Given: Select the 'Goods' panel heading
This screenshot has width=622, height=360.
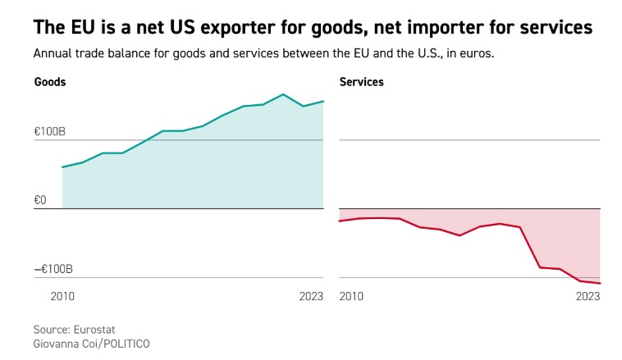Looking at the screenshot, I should pos(50,82).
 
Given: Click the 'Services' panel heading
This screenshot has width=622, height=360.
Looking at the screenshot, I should pos(361,82).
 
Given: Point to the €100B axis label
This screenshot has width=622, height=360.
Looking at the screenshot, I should pos(49,131).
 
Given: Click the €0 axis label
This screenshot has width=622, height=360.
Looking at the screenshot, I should pos(40,200).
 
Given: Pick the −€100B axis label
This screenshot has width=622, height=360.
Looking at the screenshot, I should pos(53,269).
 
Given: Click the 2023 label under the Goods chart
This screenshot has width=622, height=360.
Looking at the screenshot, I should pos(311,296).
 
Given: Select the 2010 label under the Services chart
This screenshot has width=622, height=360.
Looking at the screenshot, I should pos(351,296).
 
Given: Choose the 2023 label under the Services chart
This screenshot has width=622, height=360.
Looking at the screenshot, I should pos(588,296).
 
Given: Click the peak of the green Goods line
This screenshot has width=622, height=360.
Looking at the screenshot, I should pos(282,94).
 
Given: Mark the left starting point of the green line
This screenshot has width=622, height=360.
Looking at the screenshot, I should pos(62,167).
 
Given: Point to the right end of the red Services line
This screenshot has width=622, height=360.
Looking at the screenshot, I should pos(600,284).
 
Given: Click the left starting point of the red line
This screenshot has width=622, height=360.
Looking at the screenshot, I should pos(340,221).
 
